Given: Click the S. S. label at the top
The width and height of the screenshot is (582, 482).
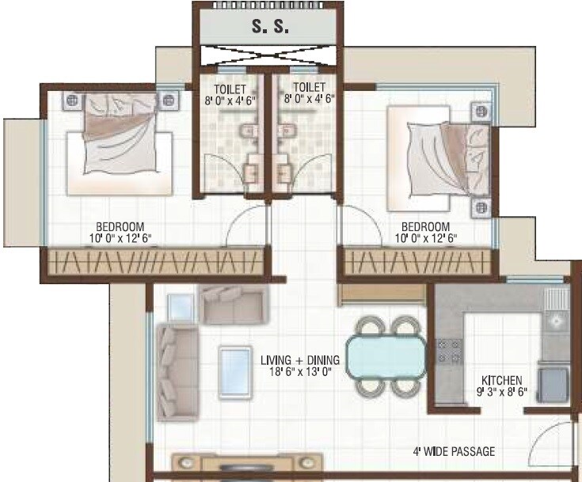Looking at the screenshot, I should pyautogui.click(x=269, y=26).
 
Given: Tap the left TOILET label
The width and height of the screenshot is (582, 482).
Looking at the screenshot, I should pyautogui.click(x=230, y=88).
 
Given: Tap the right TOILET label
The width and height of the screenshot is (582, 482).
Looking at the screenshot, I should pyautogui.click(x=308, y=88).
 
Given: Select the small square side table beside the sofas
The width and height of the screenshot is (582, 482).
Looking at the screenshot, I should pyautogui.click(x=181, y=307).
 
